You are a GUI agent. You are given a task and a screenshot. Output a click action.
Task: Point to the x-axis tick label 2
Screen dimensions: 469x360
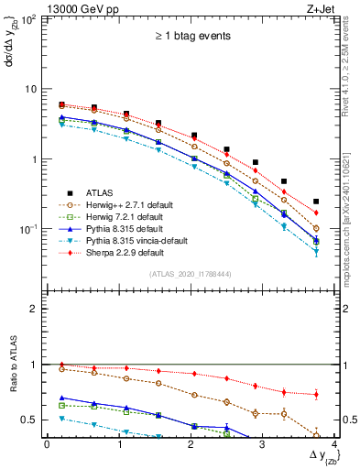(191, 443)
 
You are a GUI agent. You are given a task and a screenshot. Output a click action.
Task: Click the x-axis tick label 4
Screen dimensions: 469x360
(334, 443)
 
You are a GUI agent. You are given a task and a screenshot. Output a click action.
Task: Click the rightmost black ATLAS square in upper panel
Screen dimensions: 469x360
(316, 202)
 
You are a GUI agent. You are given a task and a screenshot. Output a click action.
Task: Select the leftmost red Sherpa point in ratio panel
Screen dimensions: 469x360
(61, 365)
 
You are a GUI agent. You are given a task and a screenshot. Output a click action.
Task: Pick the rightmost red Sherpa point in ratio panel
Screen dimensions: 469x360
(316, 395)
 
